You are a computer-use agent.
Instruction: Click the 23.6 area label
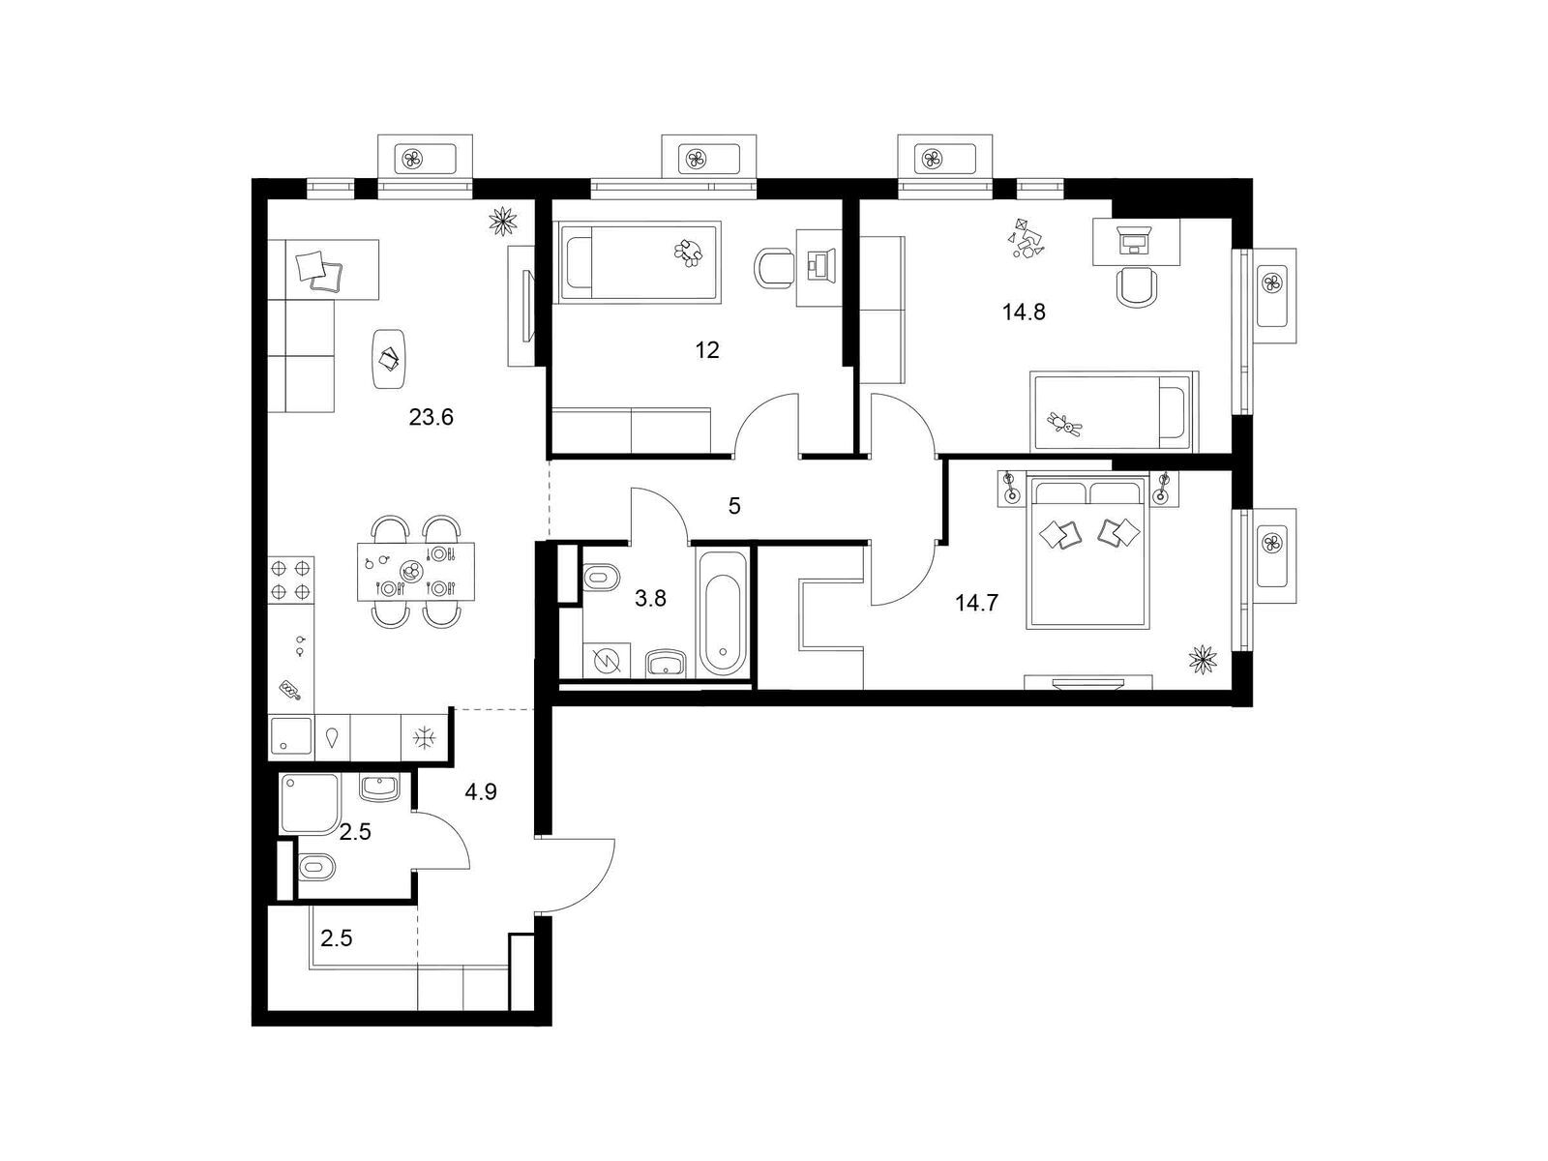pyautogui.click(x=431, y=418)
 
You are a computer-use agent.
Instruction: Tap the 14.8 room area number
pyautogui.click(x=1024, y=313)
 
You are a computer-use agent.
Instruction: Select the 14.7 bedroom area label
pyautogui.click(x=976, y=604)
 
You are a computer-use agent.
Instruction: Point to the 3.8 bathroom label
pyautogui.click(x=650, y=599)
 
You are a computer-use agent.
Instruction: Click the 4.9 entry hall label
pyautogui.click(x=481, y=793)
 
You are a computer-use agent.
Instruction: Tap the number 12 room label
pyautogui.click(x=707, y=350)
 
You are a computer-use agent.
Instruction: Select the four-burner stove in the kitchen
pyautogui.click(x=291, y=580)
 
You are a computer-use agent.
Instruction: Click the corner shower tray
pyautogui.click(x=309, y=803)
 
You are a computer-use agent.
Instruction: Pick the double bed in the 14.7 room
pyautogui.click(x=1088, y=551)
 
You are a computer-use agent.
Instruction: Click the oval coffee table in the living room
pyautogui.click(x=389, y=359)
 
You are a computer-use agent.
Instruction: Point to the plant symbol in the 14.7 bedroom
pyautogui.click(x=1203, y=660)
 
